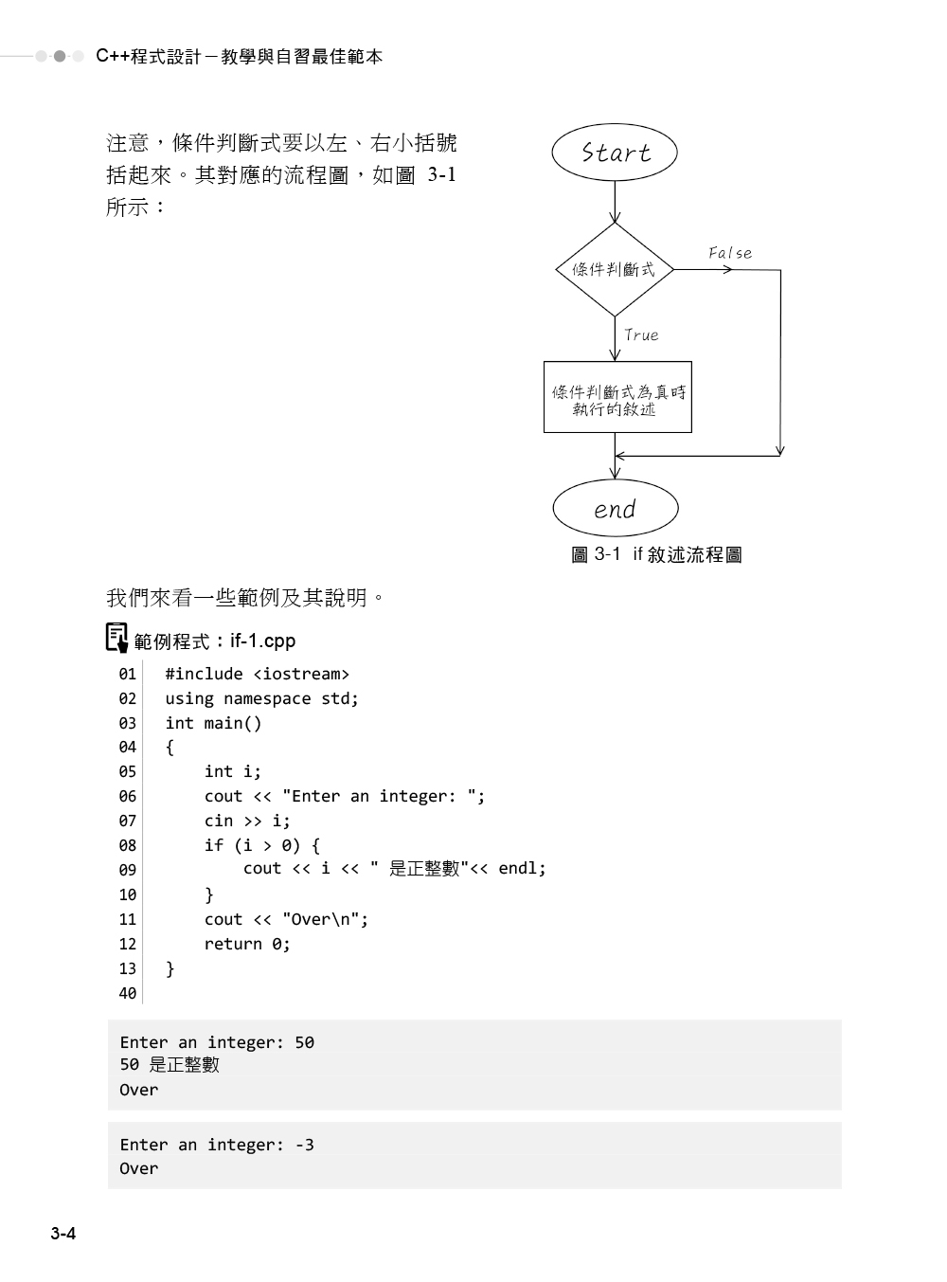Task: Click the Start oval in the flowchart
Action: (x=615, y=153)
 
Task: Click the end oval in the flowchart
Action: (x=615, y=509)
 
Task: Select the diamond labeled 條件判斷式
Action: (x=614, y=270)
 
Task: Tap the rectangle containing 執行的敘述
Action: (x=617, y=398)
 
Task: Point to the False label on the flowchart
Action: (x=730, y=253)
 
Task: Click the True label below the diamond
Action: (x=641, y=335)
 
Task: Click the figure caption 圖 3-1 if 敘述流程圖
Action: (x=656, y=555)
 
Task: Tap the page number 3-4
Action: (x=63, y=1234)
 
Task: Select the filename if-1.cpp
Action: (x=262, y=641)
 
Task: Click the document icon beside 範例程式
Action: (x=116, y=638)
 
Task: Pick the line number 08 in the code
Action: (x=128, y=845)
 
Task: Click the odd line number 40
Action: (x=128, y=993)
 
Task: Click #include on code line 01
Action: (x=204, y=674)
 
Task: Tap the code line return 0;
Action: (x=247, y=944)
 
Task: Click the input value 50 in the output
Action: (x=304, y=1042)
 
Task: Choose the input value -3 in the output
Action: (x=304, y=1145)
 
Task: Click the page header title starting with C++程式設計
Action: (x=240, y=57)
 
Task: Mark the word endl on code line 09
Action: (x=518, y=868)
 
